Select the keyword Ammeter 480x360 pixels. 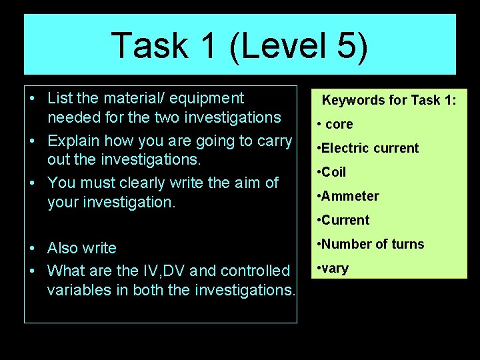click(x=350, y=196)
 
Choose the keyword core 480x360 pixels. click(x=339, y=124)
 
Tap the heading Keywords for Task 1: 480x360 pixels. click(x=389, y=101)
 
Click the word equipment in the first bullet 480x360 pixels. click(x=211, y=99)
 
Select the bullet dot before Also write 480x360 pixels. click(x=32, y=249)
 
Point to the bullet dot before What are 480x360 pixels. click(x=32, y=271)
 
